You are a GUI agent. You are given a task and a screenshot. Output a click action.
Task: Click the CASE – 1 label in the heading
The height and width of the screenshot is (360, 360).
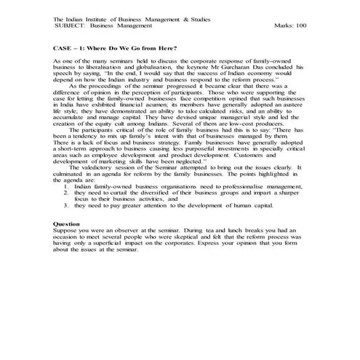coord(70,47)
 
